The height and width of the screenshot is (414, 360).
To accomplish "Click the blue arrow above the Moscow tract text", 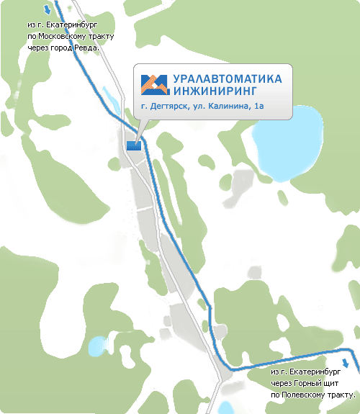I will pyautogui.click(x=48, y=10).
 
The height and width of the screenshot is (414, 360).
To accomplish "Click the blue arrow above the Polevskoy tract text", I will pyautogui.click(x=347, y=364).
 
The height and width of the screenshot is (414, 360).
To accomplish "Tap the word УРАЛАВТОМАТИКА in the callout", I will pyautogui.click(x=228, y=78).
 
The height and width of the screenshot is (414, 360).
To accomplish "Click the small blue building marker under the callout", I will pyautogui.click(x=134, y=145).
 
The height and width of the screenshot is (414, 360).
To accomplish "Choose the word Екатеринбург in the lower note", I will pyautogui.click(x=326, y=372).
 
